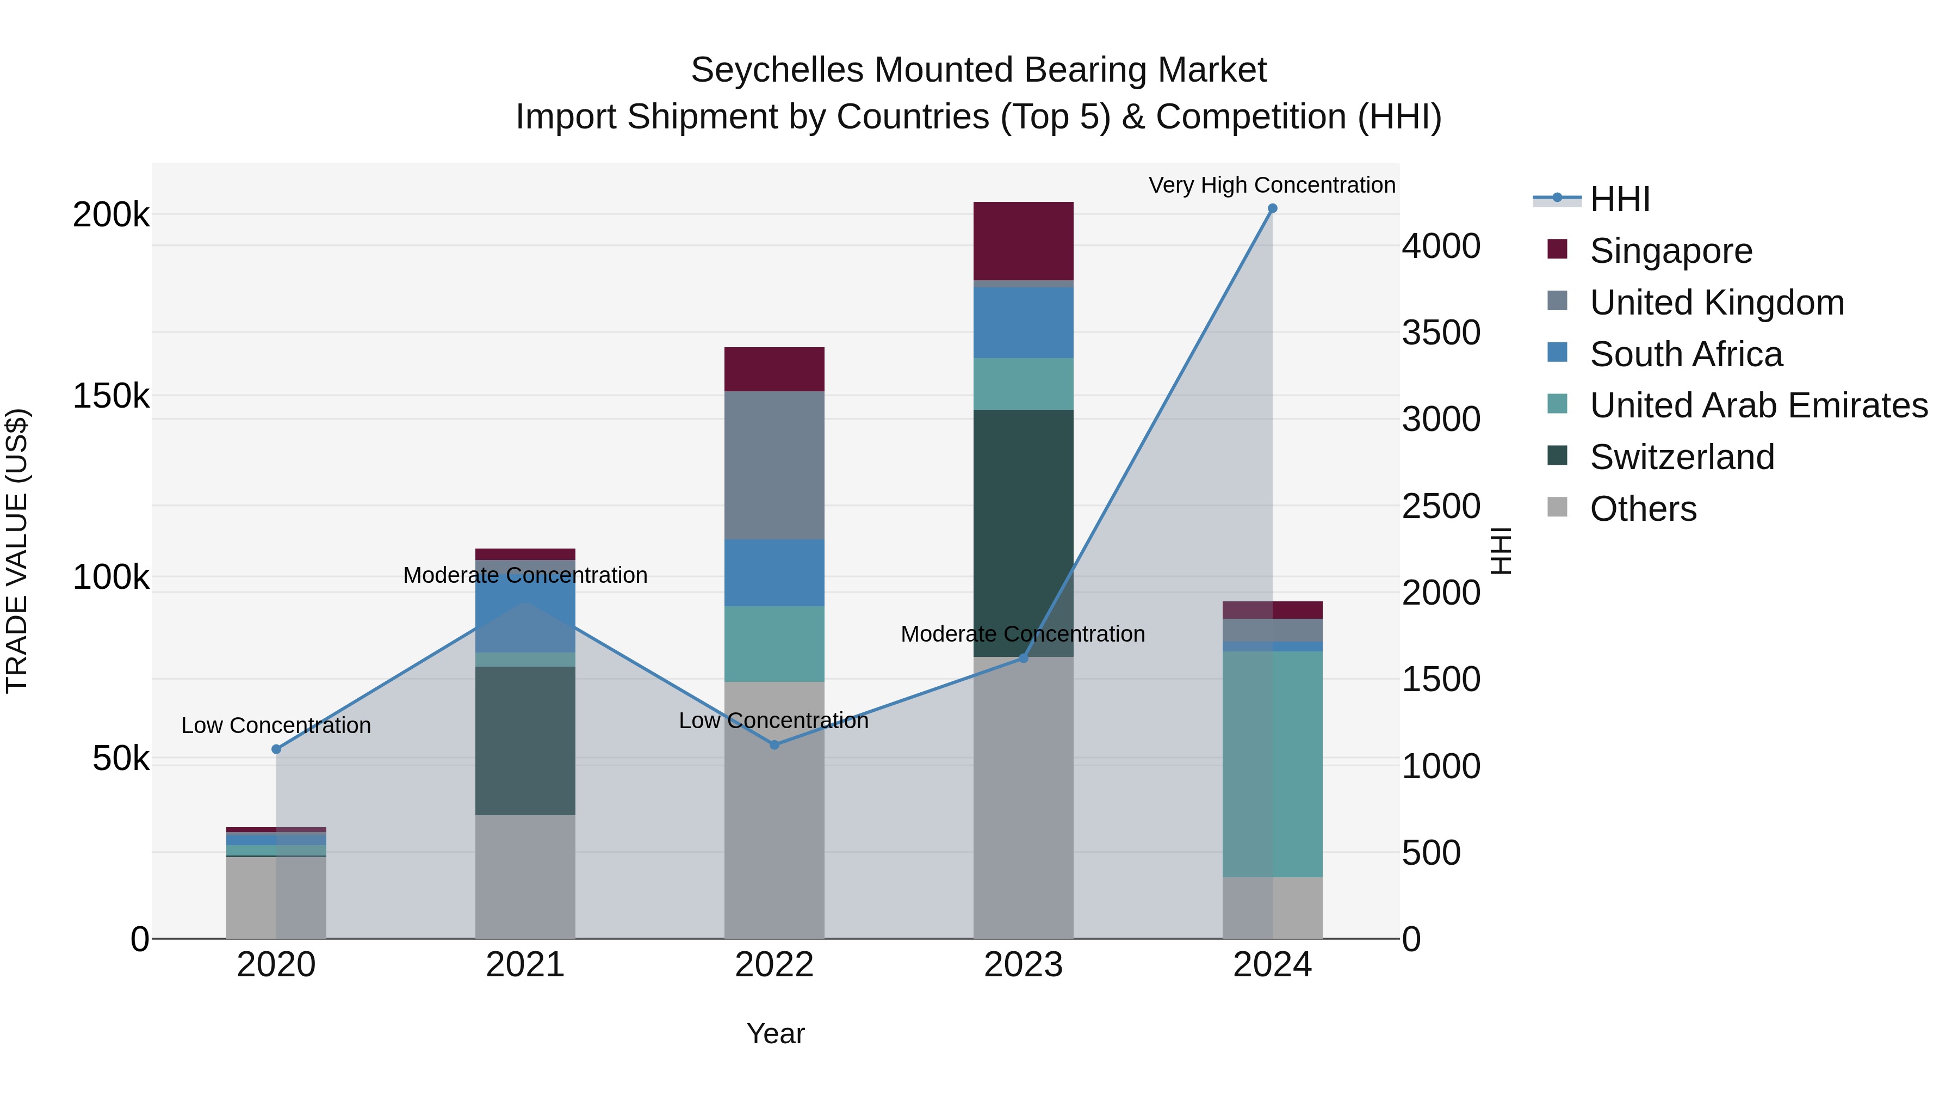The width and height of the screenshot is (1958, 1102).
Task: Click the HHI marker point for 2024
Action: coord(1272,208)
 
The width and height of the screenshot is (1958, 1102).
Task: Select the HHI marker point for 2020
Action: coord(276,749)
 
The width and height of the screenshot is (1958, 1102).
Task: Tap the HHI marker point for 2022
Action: coord(774,744)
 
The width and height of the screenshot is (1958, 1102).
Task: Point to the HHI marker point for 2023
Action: coord(1023,658)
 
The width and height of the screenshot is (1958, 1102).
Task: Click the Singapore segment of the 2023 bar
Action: coord(1023,241)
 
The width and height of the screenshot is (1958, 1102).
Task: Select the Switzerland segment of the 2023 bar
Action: coord(1023,532)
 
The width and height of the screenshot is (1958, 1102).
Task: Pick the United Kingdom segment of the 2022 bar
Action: coord(774,465)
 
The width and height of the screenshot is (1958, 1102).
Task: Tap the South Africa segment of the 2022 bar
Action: coord(774,572)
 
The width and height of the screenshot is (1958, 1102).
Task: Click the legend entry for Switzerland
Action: coord(1681,457)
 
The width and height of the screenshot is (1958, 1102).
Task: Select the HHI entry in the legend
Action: coord(1619,199)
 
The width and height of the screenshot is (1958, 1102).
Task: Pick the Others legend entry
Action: coord(1643,509)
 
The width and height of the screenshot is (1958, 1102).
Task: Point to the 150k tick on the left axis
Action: coord(111,396)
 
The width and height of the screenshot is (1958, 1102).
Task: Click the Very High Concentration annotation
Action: coord(1272,185)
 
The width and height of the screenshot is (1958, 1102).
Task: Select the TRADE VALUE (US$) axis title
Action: coord(17,550)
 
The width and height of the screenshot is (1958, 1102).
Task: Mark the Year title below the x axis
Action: coord(775,1033)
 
